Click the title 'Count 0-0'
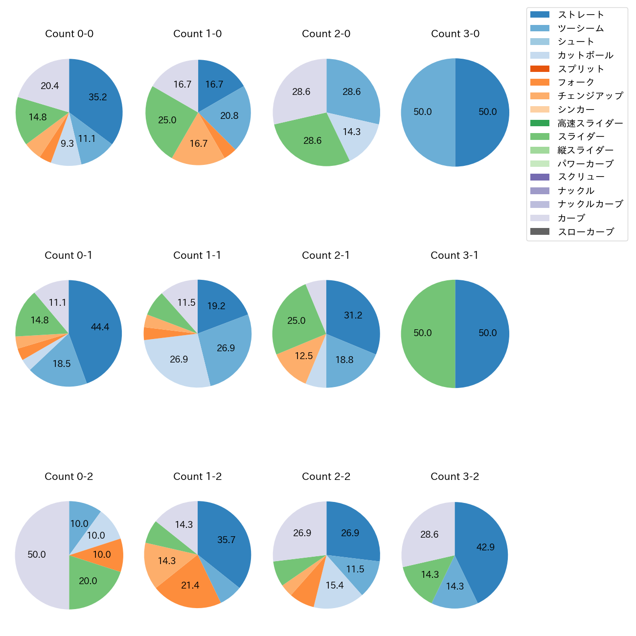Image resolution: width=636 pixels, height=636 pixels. click(x=69, y=34)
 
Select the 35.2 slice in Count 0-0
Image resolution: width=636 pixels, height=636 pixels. click(x=98, y=97)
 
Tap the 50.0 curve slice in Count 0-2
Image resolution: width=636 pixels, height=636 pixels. click(x=37, y=554)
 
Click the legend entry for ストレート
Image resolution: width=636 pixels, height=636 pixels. click(x=581, y=15)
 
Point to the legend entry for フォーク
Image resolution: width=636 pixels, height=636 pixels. click(x=576, y=82)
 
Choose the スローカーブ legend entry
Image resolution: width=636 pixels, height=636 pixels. click(x=586, y=232)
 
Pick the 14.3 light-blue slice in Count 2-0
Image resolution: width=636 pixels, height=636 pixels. click(x=352, y=132)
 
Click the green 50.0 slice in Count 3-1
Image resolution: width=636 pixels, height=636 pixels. click(x=423, y=333)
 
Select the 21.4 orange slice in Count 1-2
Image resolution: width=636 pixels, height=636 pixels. click(x=190, y=585)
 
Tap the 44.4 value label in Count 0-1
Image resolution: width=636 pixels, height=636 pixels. click(x=100, y=327)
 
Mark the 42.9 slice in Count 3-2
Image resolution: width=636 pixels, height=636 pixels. click(x=485, y=547)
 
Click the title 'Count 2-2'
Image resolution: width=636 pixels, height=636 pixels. click(x=326, y=477)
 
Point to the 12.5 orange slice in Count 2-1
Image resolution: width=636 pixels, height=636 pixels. click(x=304, y=356)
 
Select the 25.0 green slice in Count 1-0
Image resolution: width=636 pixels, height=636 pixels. click(x=167, y=120)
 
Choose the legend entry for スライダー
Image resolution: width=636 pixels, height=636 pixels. click(x=581, y=136)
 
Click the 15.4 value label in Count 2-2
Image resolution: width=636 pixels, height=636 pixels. click(x=335, y=585)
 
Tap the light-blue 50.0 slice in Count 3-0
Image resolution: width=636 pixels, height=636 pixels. click(x=423, y=112)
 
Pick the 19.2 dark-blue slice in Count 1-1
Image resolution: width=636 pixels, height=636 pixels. click(x=216, y=306)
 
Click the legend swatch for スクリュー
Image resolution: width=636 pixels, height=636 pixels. click(x=540, y=177)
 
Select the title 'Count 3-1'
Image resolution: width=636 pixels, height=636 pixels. click(x=454, y=255)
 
